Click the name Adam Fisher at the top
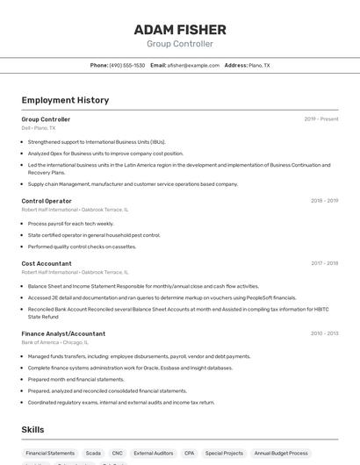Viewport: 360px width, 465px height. (180, 30)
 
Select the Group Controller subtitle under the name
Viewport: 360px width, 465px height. (180, 44)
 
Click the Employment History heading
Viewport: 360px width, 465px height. (65, 100)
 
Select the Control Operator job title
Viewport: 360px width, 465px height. (47, 201)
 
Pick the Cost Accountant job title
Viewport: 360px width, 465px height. (47, 263)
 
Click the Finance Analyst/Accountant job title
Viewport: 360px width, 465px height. (63, 333)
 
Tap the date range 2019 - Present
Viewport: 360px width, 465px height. (321, 119)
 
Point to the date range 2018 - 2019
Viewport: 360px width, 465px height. (324, 201)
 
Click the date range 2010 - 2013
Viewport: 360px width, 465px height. (324, 333)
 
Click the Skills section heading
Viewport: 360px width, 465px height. (32, 430)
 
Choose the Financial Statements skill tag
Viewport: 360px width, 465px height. (50, 454)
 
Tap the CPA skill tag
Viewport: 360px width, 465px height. (189, 454)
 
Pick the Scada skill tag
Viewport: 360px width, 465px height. (93, 454)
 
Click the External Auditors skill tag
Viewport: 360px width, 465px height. (154, 454)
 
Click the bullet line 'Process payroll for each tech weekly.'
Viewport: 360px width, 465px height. (71, 224)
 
